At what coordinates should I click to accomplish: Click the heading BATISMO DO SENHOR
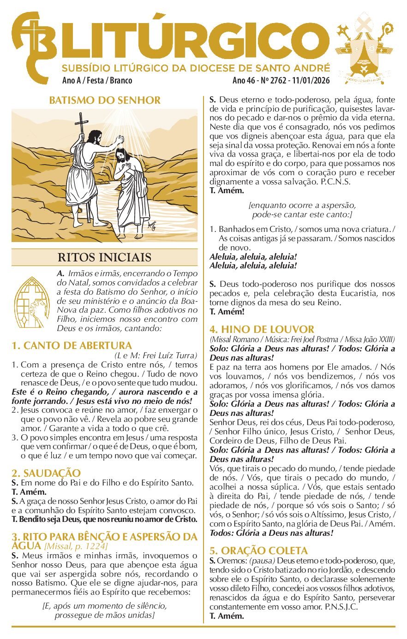click(105, 101)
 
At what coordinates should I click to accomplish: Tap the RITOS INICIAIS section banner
click(104, 257)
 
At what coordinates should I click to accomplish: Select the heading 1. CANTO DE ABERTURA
click(72, 345)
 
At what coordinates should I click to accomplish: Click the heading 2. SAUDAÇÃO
click(46, 473)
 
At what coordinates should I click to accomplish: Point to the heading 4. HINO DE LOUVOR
click(262, 329)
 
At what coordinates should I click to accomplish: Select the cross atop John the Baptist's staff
click(82, 121)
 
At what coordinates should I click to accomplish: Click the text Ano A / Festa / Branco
click(97, 81)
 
